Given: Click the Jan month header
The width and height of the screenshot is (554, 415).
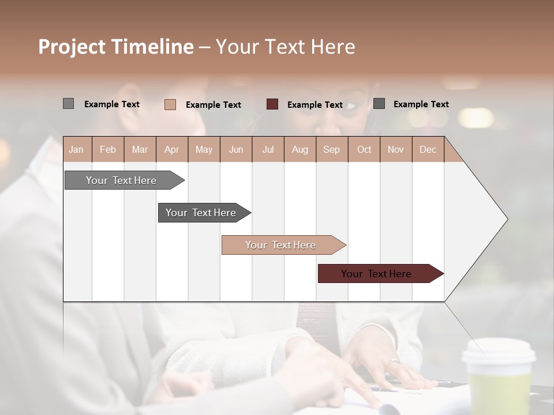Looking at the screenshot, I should (x=76, y=149).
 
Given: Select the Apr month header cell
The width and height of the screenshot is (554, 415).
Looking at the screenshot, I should (x=171, y=149).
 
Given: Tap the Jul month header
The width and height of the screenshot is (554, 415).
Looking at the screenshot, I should (x=268, y=149).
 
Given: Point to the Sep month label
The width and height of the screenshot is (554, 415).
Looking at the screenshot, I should (x=331, y=149).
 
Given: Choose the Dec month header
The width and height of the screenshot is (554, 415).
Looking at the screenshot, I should (x=428, y=149).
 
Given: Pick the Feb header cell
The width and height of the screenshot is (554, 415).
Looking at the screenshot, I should (x=108, y=149).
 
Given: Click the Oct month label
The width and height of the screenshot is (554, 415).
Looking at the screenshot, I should (x=364, y=149).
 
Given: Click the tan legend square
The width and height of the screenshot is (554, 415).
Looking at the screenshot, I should (x=170, y=104).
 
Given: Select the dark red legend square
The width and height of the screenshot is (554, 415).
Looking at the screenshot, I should (x=272, y=104).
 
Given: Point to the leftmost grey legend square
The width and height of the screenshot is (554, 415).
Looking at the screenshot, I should (x=68, y=104).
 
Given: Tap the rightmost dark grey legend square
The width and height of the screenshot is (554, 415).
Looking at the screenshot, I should (x=379, y=104).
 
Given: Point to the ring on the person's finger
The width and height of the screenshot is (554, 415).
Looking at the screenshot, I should (x=392, y=363).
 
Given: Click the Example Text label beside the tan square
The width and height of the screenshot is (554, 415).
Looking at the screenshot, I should (x=214, y=105).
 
